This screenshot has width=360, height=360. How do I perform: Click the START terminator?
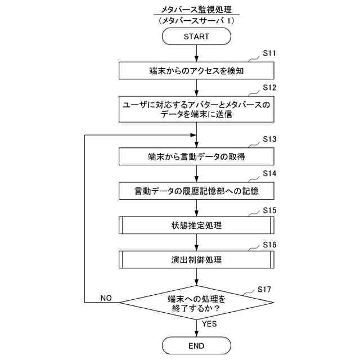(x=196, y=37)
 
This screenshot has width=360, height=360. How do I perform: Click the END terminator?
(x=196, y=345)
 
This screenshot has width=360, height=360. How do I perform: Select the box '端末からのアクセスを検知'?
(x=196, y=71)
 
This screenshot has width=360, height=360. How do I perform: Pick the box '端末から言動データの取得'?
(x=196, y=156)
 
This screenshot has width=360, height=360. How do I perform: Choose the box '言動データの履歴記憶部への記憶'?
(x=196, y=191)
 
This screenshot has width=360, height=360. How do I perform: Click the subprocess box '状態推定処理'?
(x=196, y=226)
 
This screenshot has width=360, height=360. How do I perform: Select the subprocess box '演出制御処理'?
(x=196, y=260)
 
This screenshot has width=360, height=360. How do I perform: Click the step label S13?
(x=271, y=139)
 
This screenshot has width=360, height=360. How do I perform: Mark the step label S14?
(x=271, y=174)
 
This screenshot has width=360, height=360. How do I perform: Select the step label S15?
(x=271, y=210)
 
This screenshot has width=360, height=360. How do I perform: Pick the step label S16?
(x=271, y=245)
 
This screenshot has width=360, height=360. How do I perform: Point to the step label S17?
(x=265, y=289)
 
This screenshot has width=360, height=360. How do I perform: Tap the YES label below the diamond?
(x=209, y=323)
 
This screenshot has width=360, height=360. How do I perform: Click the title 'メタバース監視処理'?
(x=196, y=10)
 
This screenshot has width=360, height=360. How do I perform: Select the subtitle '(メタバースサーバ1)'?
(x=196, y=20)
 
